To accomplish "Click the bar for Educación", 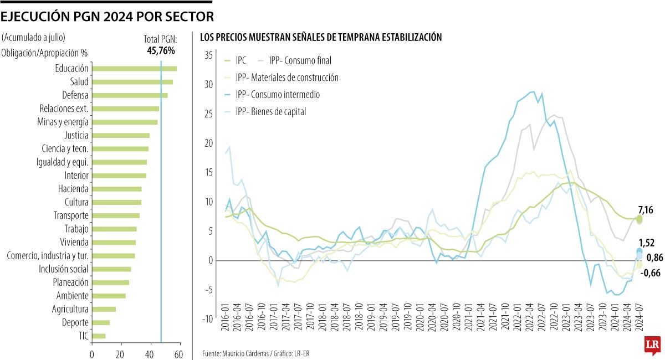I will coord(134,69).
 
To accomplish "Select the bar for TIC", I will coord(99,336).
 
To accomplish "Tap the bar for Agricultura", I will coord(104,309).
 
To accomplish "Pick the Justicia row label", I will coord(76,135).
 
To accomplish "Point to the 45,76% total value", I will coord(161,50).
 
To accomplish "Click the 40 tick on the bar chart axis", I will coord(150,354).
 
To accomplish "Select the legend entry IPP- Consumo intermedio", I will coord(277,95).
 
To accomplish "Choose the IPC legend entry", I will coord(241,60).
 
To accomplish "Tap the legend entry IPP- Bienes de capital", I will coord(270,111).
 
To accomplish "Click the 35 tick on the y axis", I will coord(208,55).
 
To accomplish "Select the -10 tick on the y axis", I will coord(207,318).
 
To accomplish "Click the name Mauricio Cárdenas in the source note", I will coord(247,353).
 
